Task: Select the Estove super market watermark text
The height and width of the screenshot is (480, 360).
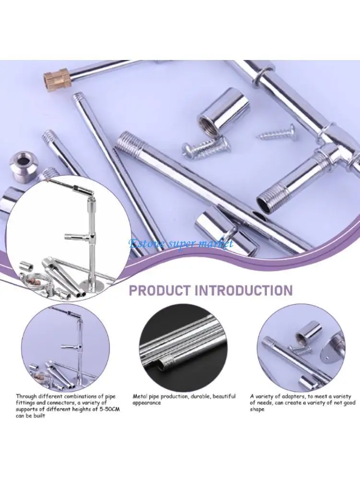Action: pyautogui.click(x=181, y=243)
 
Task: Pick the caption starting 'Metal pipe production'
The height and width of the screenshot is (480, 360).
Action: pyautogui.click(x=184, y=399)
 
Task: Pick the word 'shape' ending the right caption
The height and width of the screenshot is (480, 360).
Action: pyautogui.click(x=257, y=409)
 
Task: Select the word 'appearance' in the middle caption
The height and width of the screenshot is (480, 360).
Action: pyautogui.click(x=147, y=403)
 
